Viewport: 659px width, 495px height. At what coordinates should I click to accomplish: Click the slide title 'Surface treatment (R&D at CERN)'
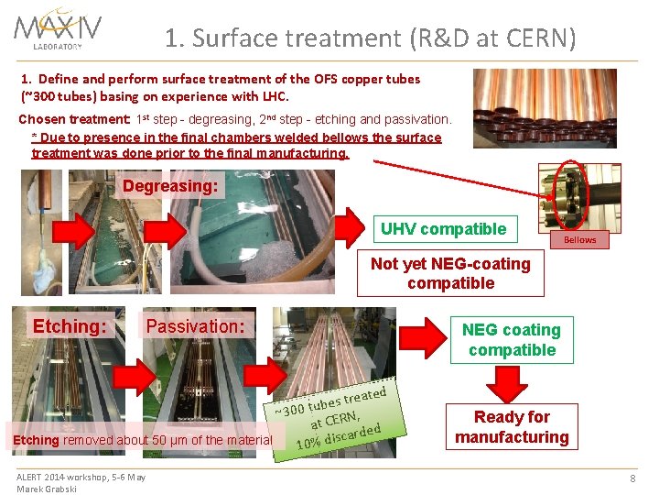click(371, 38)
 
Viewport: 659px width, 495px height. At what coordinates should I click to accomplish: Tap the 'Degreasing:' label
click(170, 186)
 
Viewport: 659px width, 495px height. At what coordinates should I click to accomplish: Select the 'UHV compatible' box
click(443, 229)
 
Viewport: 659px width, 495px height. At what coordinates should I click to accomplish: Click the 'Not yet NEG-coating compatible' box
click(450, 273)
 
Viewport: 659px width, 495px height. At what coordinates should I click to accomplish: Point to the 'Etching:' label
click(70, 325)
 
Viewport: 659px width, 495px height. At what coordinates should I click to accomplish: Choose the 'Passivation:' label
click(195, 325)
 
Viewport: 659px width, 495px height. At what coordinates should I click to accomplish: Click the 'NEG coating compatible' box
click(512, 339)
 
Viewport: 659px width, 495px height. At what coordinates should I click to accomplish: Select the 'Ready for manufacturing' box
click(512, 427)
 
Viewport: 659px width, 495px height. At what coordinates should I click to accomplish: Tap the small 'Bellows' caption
click(579, 240)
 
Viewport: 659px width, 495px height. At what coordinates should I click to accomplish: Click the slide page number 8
click(632, 478)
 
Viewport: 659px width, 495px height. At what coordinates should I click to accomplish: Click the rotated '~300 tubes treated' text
click(331, 401)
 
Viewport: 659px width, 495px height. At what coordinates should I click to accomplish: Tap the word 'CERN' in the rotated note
click(341, 418)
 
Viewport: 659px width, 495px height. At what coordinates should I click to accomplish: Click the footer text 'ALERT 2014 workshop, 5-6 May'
click(81, 477)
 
